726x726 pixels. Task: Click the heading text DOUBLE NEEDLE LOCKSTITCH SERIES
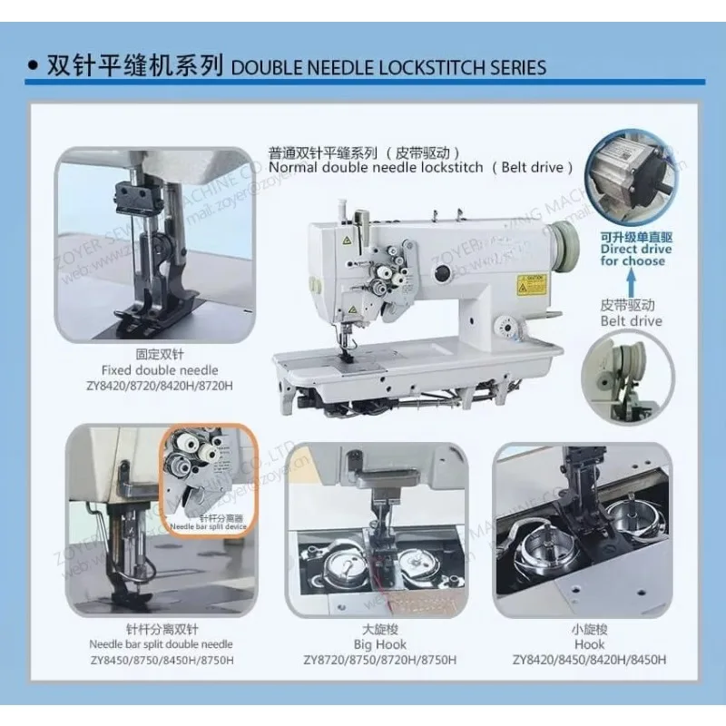[389, 67]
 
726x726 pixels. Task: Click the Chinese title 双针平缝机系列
[136, 66]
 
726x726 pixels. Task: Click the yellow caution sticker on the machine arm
[528, 283]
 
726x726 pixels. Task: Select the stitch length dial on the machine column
[502, 326]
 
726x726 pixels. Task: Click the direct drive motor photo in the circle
[633, 179]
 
